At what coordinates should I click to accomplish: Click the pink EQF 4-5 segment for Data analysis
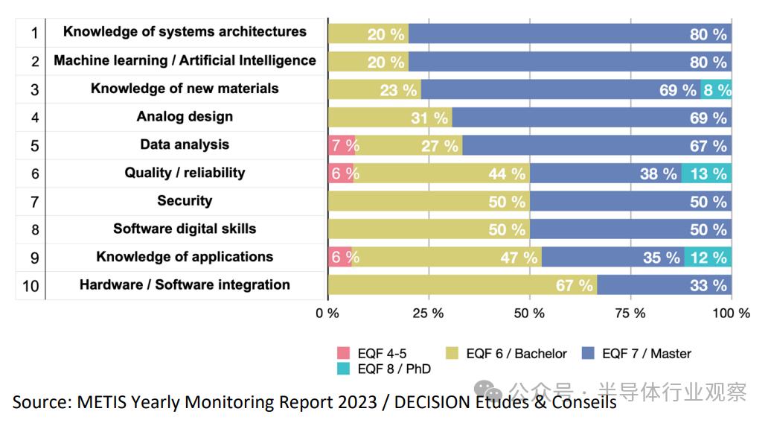(x=342, y=146)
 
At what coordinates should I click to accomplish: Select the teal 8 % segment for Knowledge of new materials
(x=716, y=90)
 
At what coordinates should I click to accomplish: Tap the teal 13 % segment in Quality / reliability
(x=706, y=174)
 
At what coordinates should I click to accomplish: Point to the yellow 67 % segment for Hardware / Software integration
(x=462, y=285)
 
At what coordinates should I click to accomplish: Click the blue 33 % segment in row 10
(x=664, y=285)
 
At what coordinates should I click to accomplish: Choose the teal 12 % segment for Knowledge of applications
(x=708, y=258)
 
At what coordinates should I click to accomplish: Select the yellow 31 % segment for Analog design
(x=390, y=118)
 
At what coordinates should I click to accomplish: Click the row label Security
(x=185, y=201)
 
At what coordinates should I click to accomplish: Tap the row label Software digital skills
(x=185, y=229)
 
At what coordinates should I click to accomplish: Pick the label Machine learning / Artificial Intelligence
(x=185, y=61)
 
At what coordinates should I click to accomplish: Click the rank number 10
(x=31, y=286)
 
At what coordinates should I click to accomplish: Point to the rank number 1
(x=34, y=34)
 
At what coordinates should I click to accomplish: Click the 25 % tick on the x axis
(x=429, y=314)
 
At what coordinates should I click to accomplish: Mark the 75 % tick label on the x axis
(x=630, y=314)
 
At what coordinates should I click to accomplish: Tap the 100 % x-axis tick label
(x=731, y=314)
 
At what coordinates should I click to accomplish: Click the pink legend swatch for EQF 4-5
(x=343, y=354)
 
